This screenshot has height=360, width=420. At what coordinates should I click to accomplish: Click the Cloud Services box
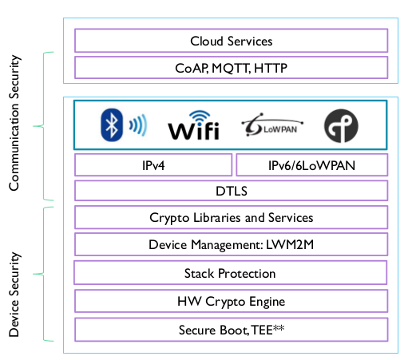coord(232,41)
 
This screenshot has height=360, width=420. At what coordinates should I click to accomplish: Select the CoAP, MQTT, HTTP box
coord(232,68)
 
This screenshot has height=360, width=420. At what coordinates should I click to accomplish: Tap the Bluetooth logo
coord(112,125)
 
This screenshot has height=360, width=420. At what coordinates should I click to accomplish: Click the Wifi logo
coord(194,125)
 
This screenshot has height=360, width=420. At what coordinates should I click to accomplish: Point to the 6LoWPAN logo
coord(272,125)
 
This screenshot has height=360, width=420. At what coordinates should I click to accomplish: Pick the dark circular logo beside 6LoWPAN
coord(341,125)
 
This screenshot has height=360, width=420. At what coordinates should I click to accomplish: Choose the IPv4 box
coord(153,165)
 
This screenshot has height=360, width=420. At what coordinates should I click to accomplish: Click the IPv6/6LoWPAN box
coord(311,165)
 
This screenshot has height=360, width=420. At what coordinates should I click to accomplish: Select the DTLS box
coord(232,191)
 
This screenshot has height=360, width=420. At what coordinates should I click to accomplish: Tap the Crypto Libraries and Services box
coord(232,217)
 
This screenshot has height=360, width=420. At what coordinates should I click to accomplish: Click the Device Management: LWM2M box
coord(232,244)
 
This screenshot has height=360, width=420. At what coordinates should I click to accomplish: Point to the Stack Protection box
coord(230,273)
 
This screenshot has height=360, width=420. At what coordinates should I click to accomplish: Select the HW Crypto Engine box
coord(232,301)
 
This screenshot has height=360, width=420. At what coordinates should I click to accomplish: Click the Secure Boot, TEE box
coord(232,330)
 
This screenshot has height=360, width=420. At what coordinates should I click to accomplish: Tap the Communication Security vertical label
coord(14,123)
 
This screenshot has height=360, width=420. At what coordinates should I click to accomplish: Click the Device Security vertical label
coord(14,295)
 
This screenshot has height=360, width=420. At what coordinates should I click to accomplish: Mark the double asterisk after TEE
coord(279,327)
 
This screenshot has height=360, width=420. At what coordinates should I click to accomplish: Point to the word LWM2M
coord(290,244)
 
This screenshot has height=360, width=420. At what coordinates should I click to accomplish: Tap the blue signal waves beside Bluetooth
coord(138,125)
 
